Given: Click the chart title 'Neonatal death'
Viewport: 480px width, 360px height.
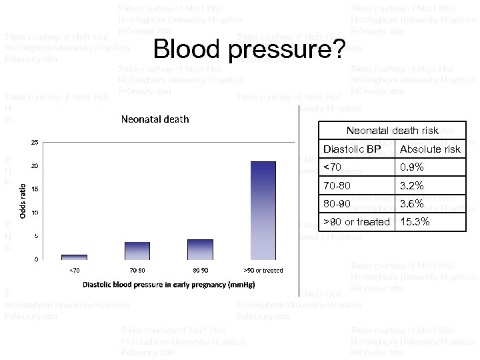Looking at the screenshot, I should click(x=154, y=119).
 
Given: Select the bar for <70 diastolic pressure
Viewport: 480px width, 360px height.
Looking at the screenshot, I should click(x=74, y=257).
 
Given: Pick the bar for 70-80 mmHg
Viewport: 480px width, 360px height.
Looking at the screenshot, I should click(x=137, y=251).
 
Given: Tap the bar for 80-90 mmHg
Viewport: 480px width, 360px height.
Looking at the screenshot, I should click(x=200, y=249).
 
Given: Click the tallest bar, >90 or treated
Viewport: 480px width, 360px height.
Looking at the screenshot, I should click(x=263, y=210).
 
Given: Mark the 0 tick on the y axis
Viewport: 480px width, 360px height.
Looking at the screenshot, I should click(x=35, y=259).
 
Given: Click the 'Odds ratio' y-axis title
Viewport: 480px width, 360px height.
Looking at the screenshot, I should click(x=22, y=201).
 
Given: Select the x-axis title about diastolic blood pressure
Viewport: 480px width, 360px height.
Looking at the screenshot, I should click(x=169, y=285).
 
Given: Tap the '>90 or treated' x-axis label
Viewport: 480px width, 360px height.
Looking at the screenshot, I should click(x=263, y=270).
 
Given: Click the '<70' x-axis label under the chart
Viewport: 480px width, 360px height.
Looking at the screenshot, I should click(x=74, y=270).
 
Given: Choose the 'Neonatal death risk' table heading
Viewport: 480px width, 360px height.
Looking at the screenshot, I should click(x=393, y=131).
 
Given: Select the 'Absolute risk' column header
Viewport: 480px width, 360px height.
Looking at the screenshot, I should click(x=430, y=149).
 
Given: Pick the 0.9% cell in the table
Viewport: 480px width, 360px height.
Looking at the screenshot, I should click(x=411, y=167).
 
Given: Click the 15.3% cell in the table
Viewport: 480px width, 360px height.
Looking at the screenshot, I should click(x=414, y=221).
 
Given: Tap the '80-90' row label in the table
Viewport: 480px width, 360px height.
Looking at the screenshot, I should click(x=337, y=203).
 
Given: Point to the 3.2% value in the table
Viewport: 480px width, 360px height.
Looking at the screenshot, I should click(x=411, y=185).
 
